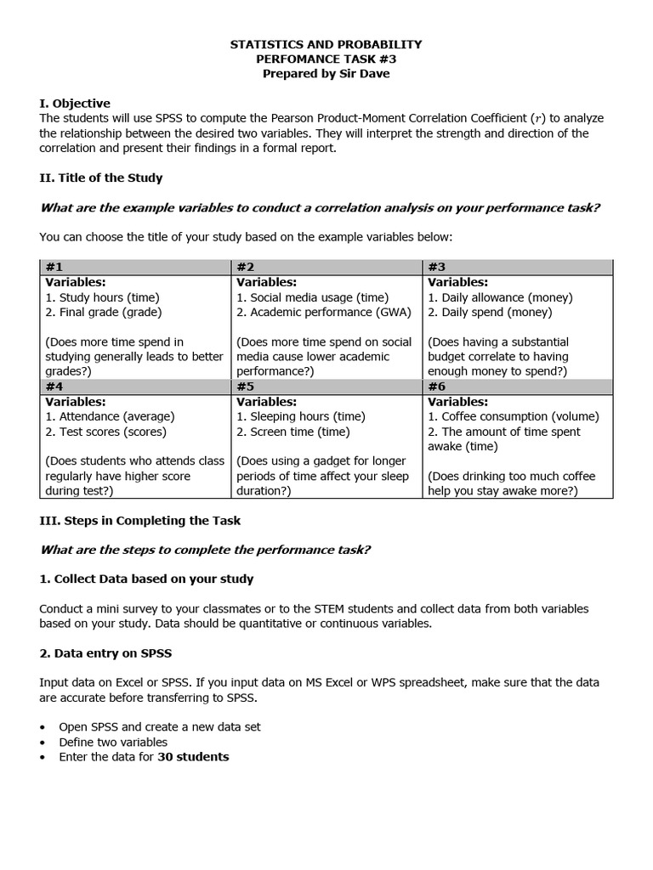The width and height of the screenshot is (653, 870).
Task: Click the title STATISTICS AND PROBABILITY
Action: (326, 44)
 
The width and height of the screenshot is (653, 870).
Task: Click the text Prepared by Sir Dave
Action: (326, 74)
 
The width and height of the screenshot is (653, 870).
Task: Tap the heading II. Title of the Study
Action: (100, 178)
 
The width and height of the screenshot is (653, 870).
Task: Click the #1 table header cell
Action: (135, 267)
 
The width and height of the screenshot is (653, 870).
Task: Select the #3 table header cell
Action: (517, 267)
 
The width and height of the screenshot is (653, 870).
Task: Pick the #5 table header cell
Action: (326, 387)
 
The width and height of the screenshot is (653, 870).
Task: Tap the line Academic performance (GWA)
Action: (324, 312)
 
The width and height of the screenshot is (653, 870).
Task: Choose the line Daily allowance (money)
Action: (500, 297)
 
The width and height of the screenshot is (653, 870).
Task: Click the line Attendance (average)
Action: (110, 416)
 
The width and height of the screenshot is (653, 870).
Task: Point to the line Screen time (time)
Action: (292, 432)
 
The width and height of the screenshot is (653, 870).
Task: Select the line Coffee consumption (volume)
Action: (514, 416)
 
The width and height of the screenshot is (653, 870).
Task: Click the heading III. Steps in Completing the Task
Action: (140, 520)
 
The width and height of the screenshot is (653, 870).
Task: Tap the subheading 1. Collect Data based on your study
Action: (146, 579)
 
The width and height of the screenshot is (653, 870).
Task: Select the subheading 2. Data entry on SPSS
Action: (106, 653)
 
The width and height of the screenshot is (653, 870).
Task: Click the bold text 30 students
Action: (193, 756)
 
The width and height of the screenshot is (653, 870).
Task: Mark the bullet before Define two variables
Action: (43, 743)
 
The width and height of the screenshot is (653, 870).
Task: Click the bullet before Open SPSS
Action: (43, 727)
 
